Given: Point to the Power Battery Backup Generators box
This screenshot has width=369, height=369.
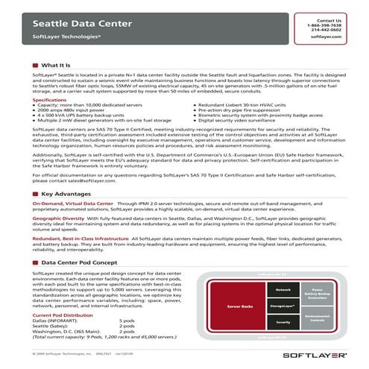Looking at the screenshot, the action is pos(320,293).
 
